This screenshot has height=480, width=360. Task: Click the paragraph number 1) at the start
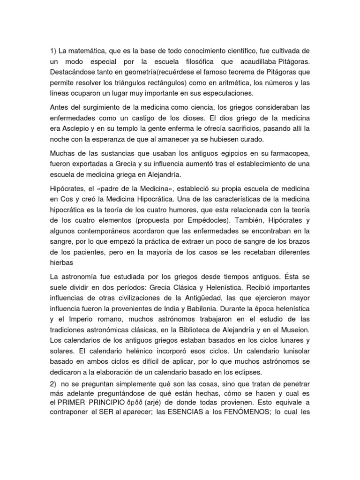[x=54, y=50]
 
